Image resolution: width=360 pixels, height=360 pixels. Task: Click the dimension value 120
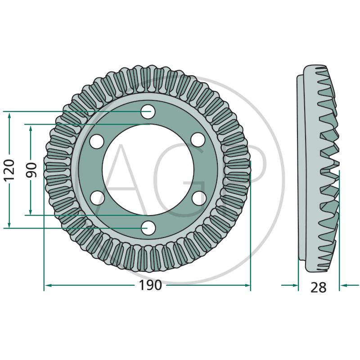click(10, 170)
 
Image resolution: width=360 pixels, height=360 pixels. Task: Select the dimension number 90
click(31, 170)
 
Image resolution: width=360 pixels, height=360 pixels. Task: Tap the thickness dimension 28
click(319, 287)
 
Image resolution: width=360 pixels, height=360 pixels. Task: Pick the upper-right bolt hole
click(198, 140)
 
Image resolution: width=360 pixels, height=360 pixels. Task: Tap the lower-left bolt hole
click(97, 198)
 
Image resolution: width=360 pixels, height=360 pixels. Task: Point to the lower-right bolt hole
click(198, 198)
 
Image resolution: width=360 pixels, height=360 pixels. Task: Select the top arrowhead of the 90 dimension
click(31, 128)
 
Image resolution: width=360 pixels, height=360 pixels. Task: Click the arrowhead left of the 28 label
click(294, 285)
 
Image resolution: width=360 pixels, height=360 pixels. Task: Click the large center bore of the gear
click(148, 170)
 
